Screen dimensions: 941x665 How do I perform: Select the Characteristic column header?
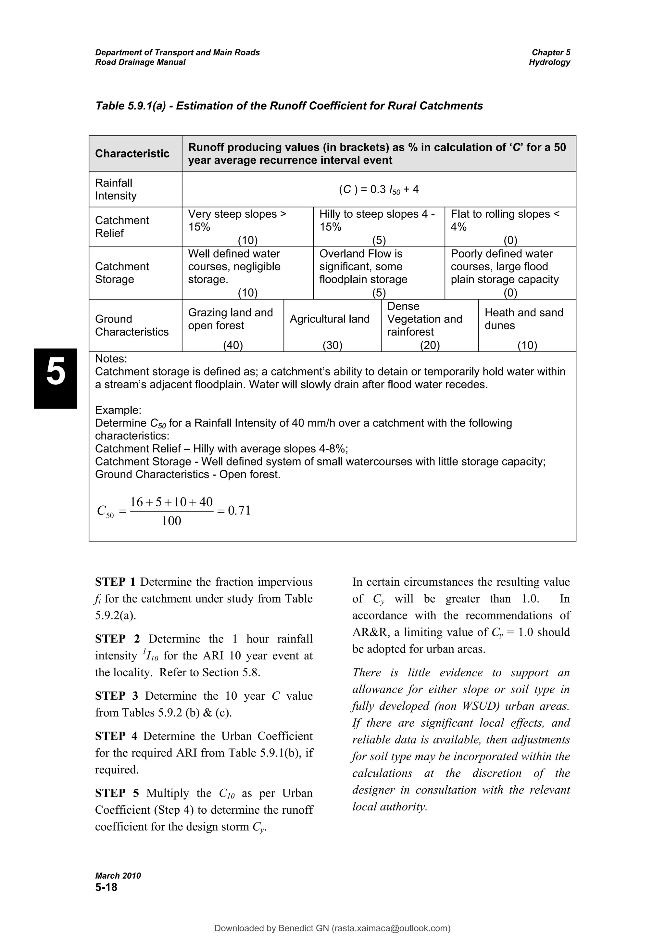(x=132, y=154)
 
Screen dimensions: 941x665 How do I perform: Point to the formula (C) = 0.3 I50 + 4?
(x=379, y=190)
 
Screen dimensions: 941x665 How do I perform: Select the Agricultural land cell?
(x=330, y=319)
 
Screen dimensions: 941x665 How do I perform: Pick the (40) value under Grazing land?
(x=233, y=346)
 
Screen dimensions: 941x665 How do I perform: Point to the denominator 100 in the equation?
(x=171, y=521)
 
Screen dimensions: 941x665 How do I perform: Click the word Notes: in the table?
(x=111, y=359)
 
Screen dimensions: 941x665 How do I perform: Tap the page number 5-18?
(x=106, y=888)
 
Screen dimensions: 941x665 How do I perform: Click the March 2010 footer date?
(x=118, y=876)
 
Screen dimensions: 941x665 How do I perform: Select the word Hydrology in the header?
(x=549, y=62)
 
